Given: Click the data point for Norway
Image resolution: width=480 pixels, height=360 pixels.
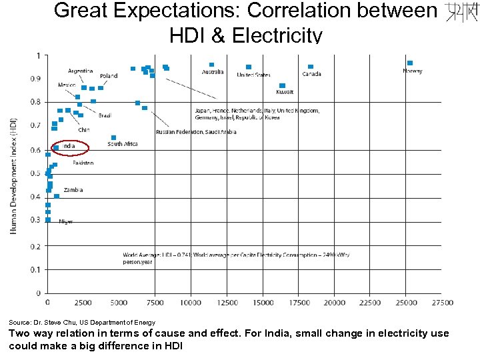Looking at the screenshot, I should (x=410, y=63).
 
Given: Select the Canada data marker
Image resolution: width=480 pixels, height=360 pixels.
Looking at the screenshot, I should (x=311, y=67).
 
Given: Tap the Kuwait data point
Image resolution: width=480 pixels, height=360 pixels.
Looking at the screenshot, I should (x=282, y=85).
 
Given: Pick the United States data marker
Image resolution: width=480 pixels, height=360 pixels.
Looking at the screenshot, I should (x=249, y=67).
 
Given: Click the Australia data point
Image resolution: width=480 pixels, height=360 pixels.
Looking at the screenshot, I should (x=211, y=65).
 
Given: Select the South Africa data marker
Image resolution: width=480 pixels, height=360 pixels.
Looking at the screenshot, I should (x=113, y=138).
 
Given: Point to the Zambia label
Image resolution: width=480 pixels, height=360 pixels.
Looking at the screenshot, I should (x=73, y=190).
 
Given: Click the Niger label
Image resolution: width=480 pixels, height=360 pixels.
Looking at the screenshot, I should (x=66, y=221).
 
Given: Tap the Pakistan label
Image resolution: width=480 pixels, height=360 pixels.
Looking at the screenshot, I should (x=83, y=163).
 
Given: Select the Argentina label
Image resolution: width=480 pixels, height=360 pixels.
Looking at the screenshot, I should (x=80, y=71).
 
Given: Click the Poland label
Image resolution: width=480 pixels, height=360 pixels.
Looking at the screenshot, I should (x=108, y=76).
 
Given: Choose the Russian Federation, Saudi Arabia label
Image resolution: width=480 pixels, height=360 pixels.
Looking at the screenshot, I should (x=196, y=132).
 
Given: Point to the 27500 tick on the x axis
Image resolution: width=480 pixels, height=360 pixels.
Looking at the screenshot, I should (x=442, y=303).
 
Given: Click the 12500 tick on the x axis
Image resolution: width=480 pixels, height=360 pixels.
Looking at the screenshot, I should (x=227, y=303).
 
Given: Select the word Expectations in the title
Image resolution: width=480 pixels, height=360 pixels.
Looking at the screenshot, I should (x=175, y=11).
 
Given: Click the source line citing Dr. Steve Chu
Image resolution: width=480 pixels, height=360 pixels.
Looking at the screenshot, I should (x=82, y=323).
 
